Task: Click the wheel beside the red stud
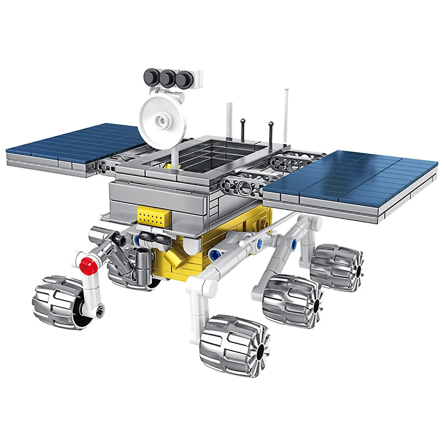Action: click(58, 302)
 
